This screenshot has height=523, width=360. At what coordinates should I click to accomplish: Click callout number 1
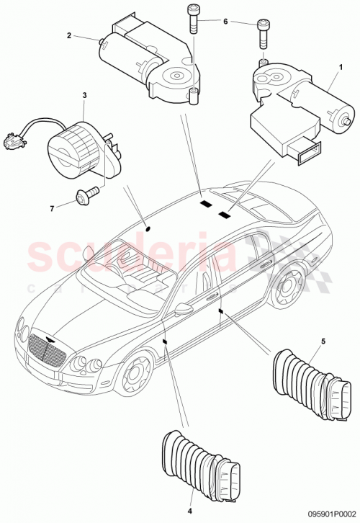coord(332,64)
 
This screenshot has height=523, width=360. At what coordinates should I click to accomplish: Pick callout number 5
coord(323,341)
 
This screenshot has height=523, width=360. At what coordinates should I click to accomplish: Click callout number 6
coord(225,22)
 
